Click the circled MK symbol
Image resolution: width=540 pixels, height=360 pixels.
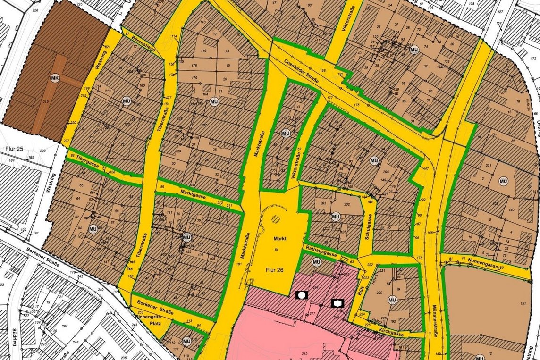coord(55,78)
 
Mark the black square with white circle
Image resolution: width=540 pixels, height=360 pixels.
coord(302,295)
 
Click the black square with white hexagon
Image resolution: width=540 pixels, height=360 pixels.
coord(338,302)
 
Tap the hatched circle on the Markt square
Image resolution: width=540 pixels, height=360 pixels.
coord(276,219)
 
